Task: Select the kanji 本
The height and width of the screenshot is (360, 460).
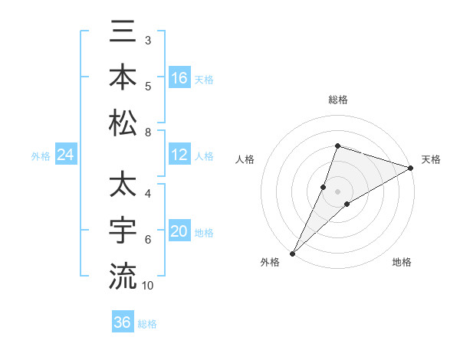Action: [x=123, y=79]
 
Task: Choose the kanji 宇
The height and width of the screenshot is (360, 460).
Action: [x=123, y=231]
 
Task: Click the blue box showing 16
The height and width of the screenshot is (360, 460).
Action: [x=179, y=78]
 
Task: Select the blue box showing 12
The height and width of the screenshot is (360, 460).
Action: [x=179, y=155]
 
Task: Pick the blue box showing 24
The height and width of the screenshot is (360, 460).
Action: [x=66, y=155]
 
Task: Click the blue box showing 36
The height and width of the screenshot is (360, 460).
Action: [x=123, y=322]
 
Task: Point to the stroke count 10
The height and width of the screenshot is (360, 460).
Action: [x=147, y=286]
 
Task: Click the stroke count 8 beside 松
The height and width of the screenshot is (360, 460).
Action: [x=148, y=133]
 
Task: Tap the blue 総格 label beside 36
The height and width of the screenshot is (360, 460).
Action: [x=148, y=324]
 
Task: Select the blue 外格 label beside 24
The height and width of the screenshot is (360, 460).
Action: [x=41, y=156]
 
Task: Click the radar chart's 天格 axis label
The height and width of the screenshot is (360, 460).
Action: [x=431, y=159]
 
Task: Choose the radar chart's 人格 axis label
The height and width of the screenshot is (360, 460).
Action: [x=245, y=159]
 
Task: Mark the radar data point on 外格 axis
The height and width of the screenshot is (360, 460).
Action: [x=293, y=253]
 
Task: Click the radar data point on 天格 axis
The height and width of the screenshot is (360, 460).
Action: [x=411, y=168]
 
